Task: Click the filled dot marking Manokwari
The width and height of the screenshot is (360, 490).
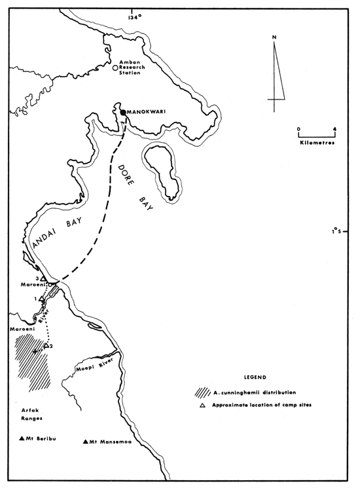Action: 123,113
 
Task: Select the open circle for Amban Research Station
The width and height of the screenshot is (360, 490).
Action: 116,67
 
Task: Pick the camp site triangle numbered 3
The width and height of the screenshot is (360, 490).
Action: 43,278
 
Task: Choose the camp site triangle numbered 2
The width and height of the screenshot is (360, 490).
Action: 46,345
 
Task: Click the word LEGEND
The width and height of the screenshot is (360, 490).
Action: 253,378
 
